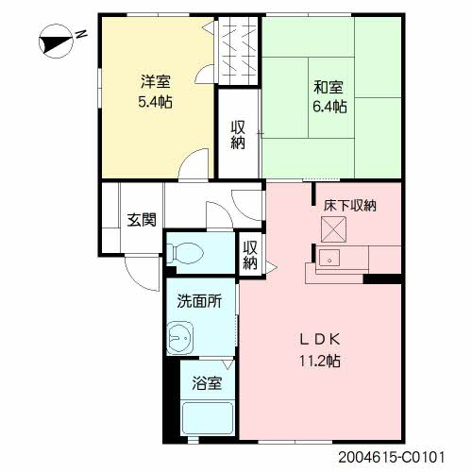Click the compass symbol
[56, 42]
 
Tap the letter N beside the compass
[81, 34]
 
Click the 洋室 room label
[156, 81]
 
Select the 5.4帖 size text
[155, 101]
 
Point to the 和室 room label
[329, 87]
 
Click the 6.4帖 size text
[329, 107]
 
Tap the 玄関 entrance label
[142, 220]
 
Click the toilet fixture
[185, 253]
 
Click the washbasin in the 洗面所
[179, 338]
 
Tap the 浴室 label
[207, 383]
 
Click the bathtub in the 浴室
[208, 419]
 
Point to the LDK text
[320, 340]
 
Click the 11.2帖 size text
[320, 361]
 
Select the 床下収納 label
[350, 206]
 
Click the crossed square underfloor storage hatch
[333, 229]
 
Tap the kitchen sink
[329, 258]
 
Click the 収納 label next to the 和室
[238, 135]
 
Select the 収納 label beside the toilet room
[250, 255]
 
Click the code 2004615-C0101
[392, 457]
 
